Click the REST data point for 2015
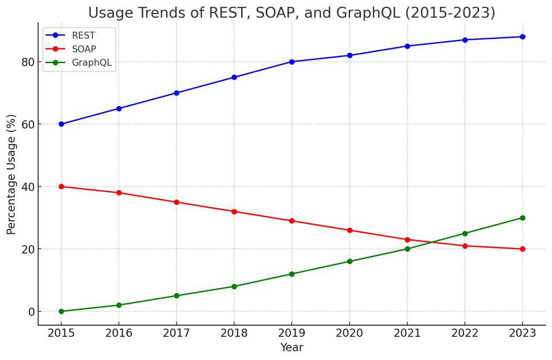[x=61, y=124]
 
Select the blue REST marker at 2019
[x=292, y=62]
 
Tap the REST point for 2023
[x=523, y=37]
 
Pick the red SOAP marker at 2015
[x=61, y=187]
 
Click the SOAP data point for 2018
[x=234, y=212]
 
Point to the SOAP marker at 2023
[x=523, y=249]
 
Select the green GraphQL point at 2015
[x=61, y=311]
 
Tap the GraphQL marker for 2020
[x=350, y=261]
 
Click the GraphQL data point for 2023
[x=523, y=218]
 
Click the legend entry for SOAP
[x=84, y=49]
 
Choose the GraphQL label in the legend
[x=92, y=63]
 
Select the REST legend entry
[x=83, y=35]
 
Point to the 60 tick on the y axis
[x=28, y=124]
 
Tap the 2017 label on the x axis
[x=177, y=334]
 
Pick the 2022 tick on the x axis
[x=465, y=334]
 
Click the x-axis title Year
[x=292, y=348]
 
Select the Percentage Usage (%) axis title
[x=11, y=174]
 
